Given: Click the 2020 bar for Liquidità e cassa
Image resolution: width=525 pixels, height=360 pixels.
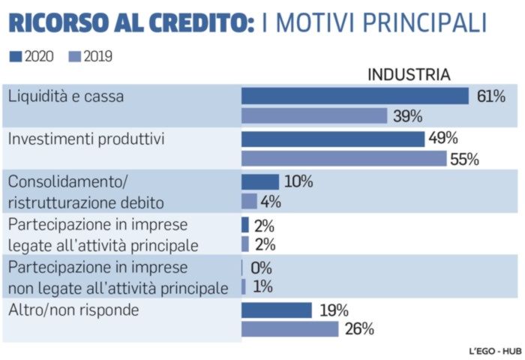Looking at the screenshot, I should click(355, 96).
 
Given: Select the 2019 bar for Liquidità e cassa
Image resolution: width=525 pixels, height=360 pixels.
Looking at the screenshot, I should click(314, 116).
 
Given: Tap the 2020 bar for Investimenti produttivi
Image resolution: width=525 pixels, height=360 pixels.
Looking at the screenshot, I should click(333, 139).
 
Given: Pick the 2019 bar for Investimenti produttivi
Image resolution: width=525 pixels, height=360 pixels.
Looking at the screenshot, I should click(343, 159).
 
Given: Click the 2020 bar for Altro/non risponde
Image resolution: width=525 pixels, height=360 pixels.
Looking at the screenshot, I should click(276, 310).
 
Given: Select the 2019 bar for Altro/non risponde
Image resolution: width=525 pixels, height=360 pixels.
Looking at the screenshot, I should click(289, 329).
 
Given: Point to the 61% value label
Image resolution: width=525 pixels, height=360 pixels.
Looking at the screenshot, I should click(490, 96).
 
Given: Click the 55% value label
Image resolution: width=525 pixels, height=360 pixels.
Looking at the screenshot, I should click(463, 159).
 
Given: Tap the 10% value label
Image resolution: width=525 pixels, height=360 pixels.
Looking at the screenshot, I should click(298, 182).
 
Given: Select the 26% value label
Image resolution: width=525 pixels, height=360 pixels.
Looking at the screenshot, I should click(358, 329).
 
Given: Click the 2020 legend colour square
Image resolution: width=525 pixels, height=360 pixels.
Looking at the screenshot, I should click(16, 56).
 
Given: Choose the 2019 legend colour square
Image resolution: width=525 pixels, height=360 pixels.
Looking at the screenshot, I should click(74, 56).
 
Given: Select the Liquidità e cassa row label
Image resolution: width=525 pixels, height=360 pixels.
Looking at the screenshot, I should click(65, 96).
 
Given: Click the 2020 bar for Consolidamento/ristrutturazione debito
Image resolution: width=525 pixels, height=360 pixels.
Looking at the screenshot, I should click(259, 182).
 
